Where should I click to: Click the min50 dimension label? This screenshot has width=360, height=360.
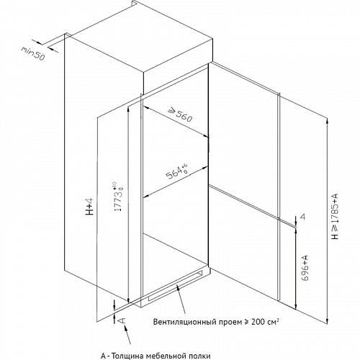(x=33, y=53)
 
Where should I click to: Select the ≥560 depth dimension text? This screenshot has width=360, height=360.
(x=180, y=115)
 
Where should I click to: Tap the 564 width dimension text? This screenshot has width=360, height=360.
(x=177, y=172)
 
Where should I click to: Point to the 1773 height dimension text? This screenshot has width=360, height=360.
(x=118, y=197)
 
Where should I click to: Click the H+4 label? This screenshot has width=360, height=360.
(x=89, y=207)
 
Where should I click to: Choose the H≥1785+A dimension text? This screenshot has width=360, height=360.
(x=335, y=216)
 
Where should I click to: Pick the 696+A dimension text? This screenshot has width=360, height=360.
(x=305, y=268)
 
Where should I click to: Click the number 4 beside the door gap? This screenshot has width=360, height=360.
(x=303, y=217)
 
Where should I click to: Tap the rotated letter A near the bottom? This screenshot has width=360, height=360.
(x=122, y=320)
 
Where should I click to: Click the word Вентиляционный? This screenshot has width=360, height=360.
(x=184, y=322)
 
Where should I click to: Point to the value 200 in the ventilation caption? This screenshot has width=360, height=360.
(x=258, y=322)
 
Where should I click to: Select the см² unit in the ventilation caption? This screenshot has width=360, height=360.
(x=273, y=322)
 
